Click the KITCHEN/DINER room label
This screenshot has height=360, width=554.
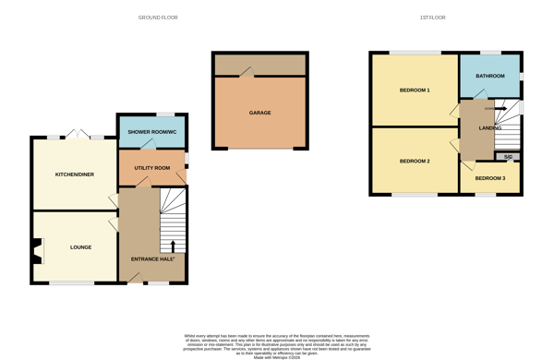(x=75, y=174)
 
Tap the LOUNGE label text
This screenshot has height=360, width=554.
(x=80, y=247)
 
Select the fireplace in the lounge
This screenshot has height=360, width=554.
(x=37, y=250)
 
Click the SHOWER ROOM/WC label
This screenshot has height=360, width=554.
(x=151, y=133)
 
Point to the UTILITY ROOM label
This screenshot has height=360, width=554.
(x=152, y=168)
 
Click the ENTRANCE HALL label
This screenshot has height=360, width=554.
(x=152, y=259)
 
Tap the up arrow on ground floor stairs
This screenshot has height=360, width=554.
(x=173, y=246)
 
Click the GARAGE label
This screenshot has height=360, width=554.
(x=260, y=113)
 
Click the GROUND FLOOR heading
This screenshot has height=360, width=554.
(x=158, y=18)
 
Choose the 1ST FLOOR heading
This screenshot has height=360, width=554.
(x=432, y=18)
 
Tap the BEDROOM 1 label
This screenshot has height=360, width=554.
(x=415, y=90)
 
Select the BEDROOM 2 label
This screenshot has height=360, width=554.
(x=415, y=162)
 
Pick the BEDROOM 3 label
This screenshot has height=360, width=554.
(x=490, y=177)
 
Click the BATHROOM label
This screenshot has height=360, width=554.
(x=490, y=76)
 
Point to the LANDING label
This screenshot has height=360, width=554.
(x=490, y=128)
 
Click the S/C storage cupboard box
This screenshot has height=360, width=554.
(x=508, y=157)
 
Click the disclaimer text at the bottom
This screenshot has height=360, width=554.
(x=277, y=345)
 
